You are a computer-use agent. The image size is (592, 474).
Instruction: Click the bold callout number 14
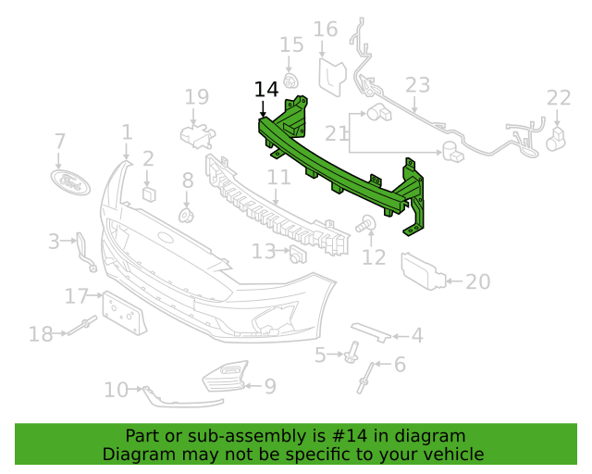click(266, 90)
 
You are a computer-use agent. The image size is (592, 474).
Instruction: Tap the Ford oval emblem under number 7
click(70, 181)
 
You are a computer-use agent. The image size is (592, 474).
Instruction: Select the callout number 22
click(559, 98)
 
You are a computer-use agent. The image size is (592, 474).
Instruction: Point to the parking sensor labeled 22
click(556, 139)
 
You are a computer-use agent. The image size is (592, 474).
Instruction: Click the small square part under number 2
click(149, 193)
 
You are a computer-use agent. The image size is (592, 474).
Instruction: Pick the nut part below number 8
click(186, 216)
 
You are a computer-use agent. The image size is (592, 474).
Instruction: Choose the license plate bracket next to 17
click(124, 313)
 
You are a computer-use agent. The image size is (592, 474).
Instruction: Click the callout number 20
click(477, 281)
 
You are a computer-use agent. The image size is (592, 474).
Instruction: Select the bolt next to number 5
click(351, 352)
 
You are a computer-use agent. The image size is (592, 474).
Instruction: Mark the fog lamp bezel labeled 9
click(226, 377)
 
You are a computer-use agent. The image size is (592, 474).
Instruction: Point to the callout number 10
click(116, 390)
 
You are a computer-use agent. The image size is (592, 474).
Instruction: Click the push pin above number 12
click(365, 223)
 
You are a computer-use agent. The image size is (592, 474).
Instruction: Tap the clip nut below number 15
click(290, 81)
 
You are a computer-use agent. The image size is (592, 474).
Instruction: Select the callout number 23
click(417, 85)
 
